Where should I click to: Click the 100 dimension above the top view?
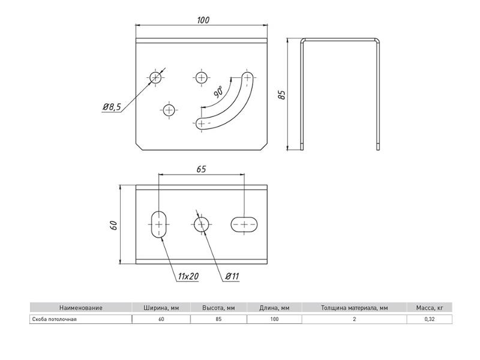(x=203, y=20)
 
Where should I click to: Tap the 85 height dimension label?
(x=281, y=95)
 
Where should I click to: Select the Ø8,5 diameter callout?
(x=112, y=107)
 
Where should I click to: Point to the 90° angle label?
(x=218, y=92)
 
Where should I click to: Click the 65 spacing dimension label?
(x=201, y=169)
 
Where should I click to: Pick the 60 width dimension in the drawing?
(x=113, y=226)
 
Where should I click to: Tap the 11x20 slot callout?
(x=188, y=277)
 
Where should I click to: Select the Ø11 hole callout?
(x=232, y=277)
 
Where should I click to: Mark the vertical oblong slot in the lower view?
(x=159, y=224)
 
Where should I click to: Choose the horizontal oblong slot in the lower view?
(x=244, y=224)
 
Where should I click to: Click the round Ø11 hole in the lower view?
(x=202, y=225)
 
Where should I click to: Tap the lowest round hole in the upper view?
(x=169, y=110)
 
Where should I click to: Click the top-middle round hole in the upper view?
(x=201, y=78)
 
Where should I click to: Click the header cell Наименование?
(x=81, y=308)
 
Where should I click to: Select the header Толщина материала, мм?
(x=354, y=308)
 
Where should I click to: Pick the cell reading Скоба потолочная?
(x=54, y=319)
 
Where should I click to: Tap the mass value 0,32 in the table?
(x=430, y=319)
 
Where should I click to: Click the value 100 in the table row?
(x=274, y=319)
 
